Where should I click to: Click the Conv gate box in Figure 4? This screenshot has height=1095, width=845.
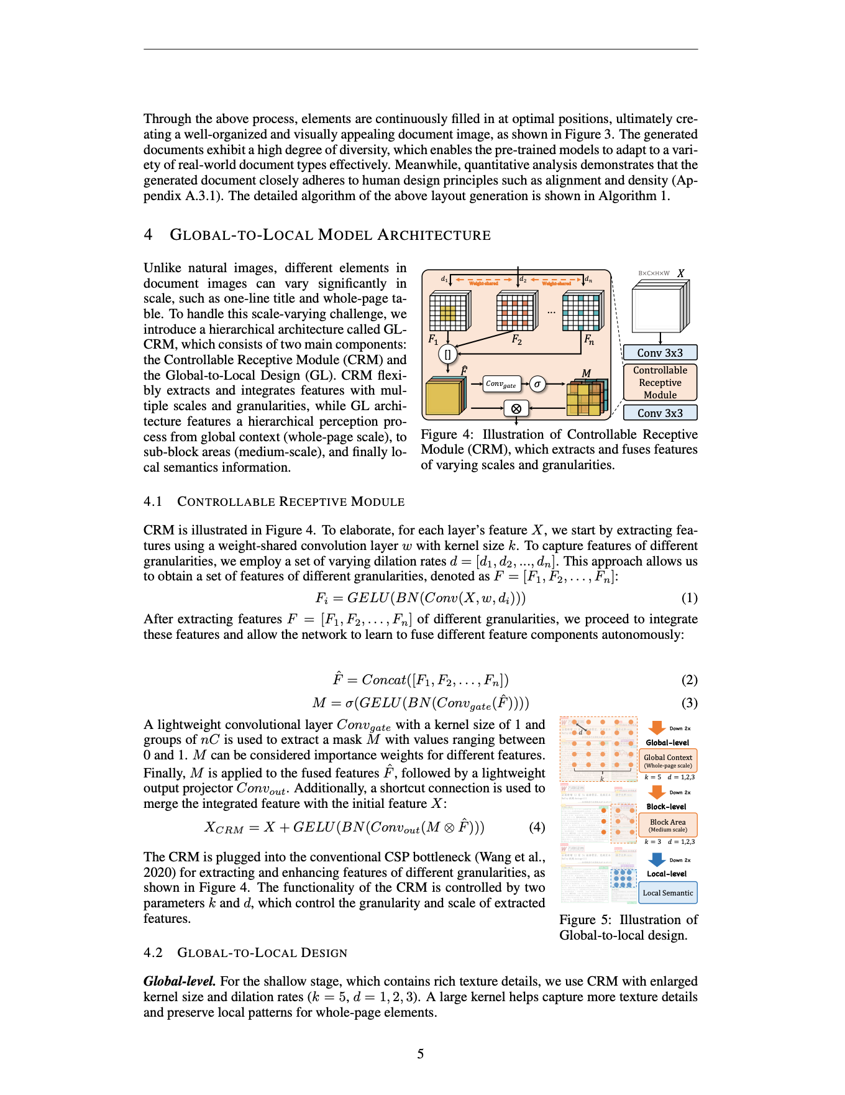point(501,384)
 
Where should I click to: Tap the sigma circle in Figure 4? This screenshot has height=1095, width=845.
point(537,384)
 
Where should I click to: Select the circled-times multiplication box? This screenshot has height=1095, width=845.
point(516,408)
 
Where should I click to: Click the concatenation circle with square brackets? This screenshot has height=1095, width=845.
point(447,354)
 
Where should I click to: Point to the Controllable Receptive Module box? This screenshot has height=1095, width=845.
point(660,382)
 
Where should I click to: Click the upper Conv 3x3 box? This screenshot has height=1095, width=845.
point(660,353)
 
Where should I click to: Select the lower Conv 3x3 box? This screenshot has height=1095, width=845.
point(660,413)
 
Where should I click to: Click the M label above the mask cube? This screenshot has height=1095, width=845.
point(586,373)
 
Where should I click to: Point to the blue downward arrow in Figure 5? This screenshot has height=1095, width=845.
point(657,860)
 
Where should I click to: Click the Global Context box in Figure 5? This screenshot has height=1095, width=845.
point(668,761)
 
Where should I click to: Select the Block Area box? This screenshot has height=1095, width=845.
point(668,825)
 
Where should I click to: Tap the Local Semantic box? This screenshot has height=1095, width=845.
point(668,893)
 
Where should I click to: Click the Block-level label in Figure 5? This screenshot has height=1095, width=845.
point(666,807)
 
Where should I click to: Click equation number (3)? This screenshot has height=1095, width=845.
point(690,703)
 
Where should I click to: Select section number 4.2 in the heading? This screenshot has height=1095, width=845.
point(153,953)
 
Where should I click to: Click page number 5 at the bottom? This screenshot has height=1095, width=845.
point(421,1054)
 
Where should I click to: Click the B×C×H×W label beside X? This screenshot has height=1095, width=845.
point(654,273)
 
